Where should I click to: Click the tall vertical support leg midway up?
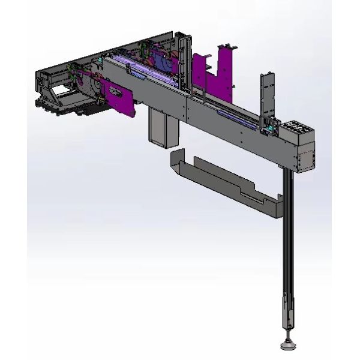click(x=289, y=240)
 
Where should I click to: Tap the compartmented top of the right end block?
click(x=296, y=128)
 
